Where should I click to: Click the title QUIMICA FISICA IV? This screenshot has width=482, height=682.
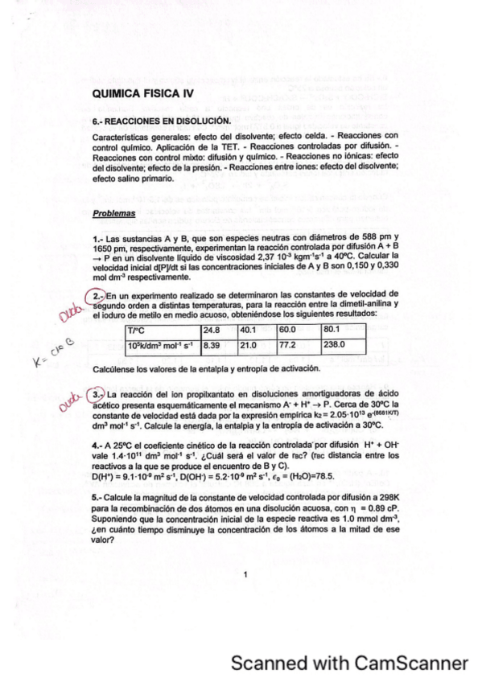(144, 94)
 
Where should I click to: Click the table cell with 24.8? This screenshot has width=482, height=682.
(212, 330)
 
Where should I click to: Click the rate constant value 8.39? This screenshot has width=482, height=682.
(212, 345)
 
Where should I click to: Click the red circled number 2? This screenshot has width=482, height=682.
(97, 294)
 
